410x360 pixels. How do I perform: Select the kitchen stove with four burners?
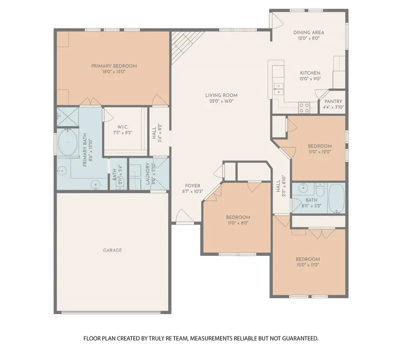tap(304, 108)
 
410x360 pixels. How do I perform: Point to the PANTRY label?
tap(333, 101)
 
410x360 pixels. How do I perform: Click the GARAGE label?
tap(112, 250)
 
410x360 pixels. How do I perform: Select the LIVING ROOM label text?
tap(221, 95)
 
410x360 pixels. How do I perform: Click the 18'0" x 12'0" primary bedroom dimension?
tap(114, 71)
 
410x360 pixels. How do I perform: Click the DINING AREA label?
tap(308, 32)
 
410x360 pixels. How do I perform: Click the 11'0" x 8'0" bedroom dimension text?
tap(237, 223)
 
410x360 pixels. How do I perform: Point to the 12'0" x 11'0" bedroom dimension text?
tap(308, 265)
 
